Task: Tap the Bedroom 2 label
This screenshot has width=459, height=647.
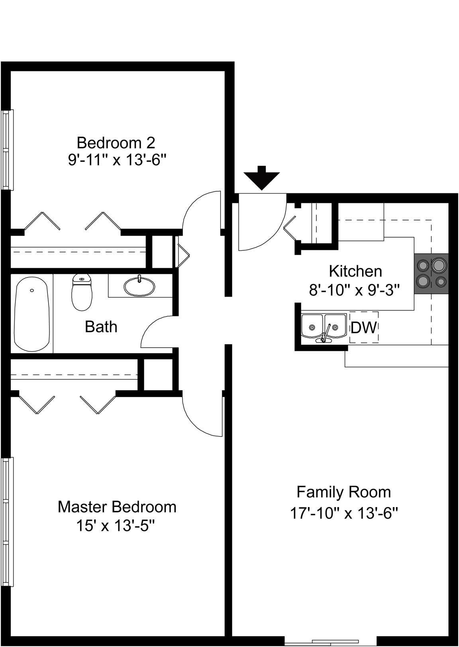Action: pyautogui.click(x=116, y=143)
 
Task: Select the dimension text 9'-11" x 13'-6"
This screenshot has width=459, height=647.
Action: pyautogui.click(x=118, y=159)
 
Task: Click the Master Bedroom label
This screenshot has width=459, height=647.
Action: pyautogui.click(x=117, y=507)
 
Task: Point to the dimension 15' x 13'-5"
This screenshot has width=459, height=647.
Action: pyautogui.click(x=116, y=526)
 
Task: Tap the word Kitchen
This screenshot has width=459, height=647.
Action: pyautogui.click(x=355, y=271)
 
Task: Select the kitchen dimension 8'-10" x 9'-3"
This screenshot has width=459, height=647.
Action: pyautogui.click(x=355, y=290)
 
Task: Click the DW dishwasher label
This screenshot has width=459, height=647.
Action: pyautogui.click(x=364, y=328)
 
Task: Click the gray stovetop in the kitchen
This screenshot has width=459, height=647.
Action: pyautogui.click(x=431, y=274)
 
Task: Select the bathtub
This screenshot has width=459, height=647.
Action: pyautogui.click(x=32, y=314)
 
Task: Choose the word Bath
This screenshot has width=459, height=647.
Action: pyautogui.click(x=101, y=327)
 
